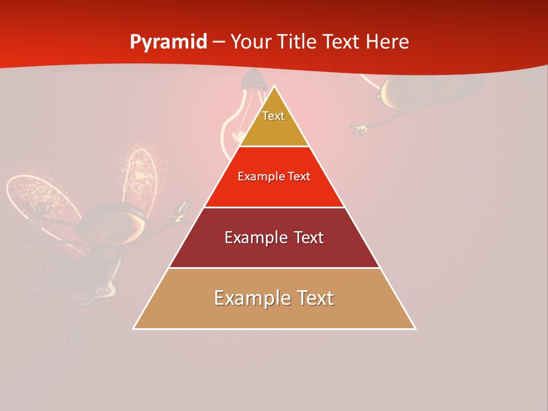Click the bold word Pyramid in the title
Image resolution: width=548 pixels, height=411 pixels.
point(168,42)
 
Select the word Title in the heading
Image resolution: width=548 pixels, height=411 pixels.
point(297,42)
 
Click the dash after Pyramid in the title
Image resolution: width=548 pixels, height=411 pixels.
point(219,43)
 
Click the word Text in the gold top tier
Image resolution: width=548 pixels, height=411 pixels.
point(273,116)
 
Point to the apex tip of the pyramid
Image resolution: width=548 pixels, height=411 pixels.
point(275,86)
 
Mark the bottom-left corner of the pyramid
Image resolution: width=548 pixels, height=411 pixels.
point(134,329)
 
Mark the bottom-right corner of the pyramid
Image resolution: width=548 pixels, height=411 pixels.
point(415,329)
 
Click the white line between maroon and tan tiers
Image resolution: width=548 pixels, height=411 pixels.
point(274,268)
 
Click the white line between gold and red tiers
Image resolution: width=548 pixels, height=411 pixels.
point(274,146)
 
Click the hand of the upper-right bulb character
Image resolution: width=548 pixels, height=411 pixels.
point(358,130)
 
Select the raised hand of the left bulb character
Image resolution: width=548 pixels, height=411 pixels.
point(183,211)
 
